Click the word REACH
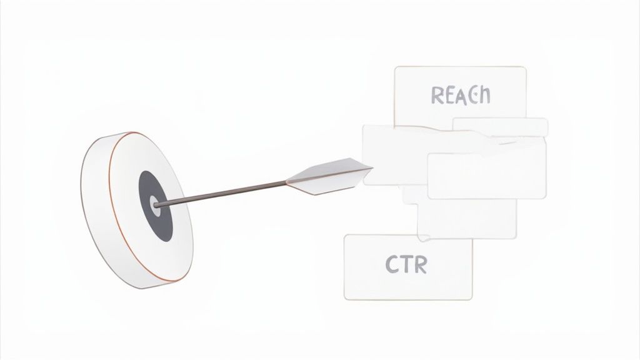(461, 96)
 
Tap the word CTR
(406, 264)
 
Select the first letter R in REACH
(437, 96)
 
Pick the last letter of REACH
(484, 95)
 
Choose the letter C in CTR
(392, 264)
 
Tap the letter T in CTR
(406, 264)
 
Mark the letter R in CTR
(421, 264)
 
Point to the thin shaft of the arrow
(221, 193)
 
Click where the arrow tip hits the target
(155, 205)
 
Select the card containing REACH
(460, 97)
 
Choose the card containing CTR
(408, 267)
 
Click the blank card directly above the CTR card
(467, 218)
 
